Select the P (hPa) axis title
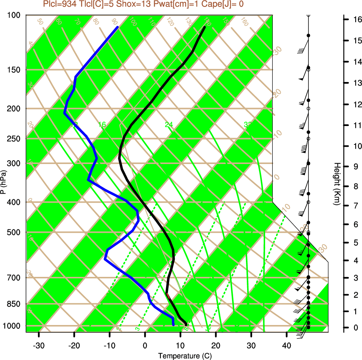[x=3, y=182]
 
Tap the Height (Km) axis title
[x=337, y=184]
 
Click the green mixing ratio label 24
[x=169, y=125]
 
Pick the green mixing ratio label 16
[x=102, y=125]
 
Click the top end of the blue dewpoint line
[x=118, y=27]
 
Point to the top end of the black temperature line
[x=205, y=27]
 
